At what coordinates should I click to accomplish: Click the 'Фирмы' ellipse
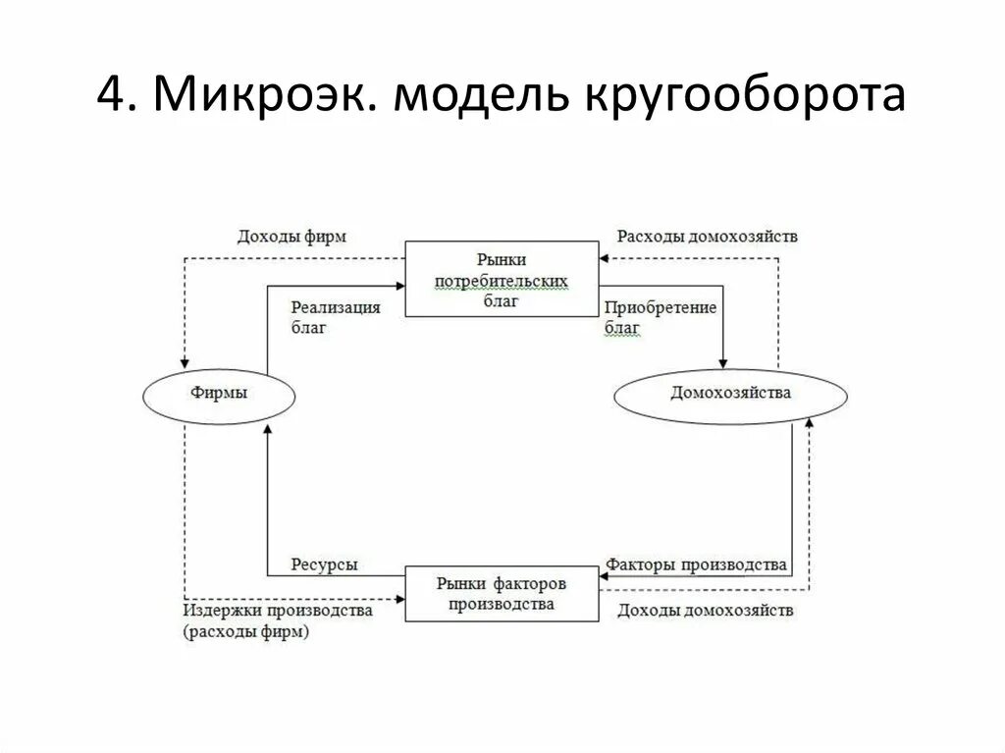(x=220, y=394)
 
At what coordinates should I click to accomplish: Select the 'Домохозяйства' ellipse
(x=730, y=394)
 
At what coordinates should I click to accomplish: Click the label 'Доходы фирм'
(x=291, y=237)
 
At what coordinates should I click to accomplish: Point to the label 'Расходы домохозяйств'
(x=707, y=237)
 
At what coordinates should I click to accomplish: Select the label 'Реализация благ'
(x=336, y=318)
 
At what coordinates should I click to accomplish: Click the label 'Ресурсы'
(x=324, y=565)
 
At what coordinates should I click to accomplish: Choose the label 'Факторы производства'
(x=696, y=565)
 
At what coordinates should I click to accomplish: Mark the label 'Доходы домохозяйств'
(x=706, y=611)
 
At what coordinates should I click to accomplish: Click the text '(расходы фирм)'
(x=245, y=633)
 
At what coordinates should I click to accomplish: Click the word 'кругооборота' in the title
(x=746, y=98)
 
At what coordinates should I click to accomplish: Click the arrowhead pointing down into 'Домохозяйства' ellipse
(x=723, y=363)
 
